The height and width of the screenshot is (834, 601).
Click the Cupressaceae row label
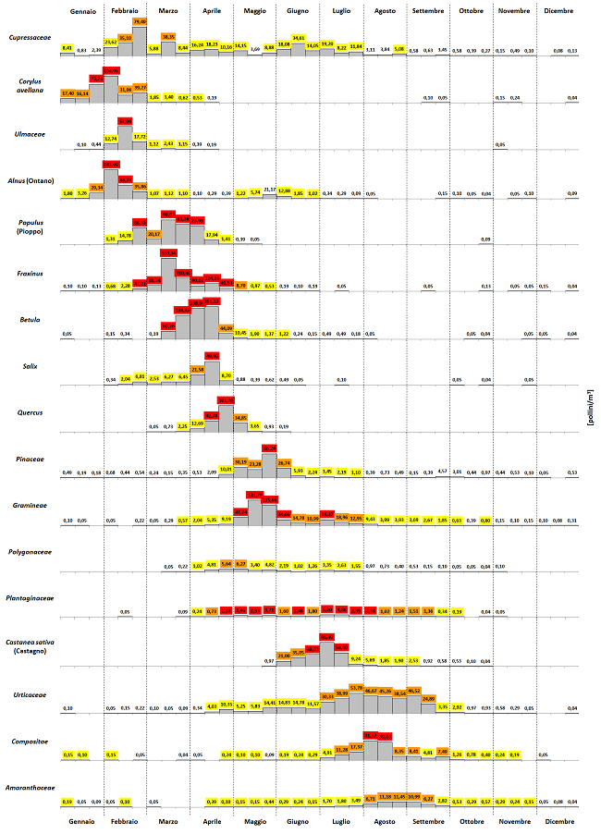[x=29, y=38]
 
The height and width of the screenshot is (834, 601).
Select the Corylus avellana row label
[x=29, y=86]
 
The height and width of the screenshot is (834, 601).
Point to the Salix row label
[x=29, y=365]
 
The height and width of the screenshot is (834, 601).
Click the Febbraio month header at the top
[x=125, y=10]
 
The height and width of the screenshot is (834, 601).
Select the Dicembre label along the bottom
[x=558, y=822]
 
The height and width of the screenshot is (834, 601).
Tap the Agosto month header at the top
[x=386, y=10]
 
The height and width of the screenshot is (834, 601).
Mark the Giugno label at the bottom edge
[x=299, y=822]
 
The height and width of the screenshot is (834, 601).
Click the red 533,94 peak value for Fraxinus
[x=168, y=252]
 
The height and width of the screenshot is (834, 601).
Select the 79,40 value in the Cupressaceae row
[x=140, y=20]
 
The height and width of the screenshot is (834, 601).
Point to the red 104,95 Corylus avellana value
[x=111, y=70]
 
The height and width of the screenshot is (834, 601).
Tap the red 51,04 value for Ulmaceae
[x=125, y=120]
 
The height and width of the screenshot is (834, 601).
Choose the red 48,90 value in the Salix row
[x=212, y=356]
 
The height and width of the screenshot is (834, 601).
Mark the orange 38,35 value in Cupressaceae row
[x=168, y=36]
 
